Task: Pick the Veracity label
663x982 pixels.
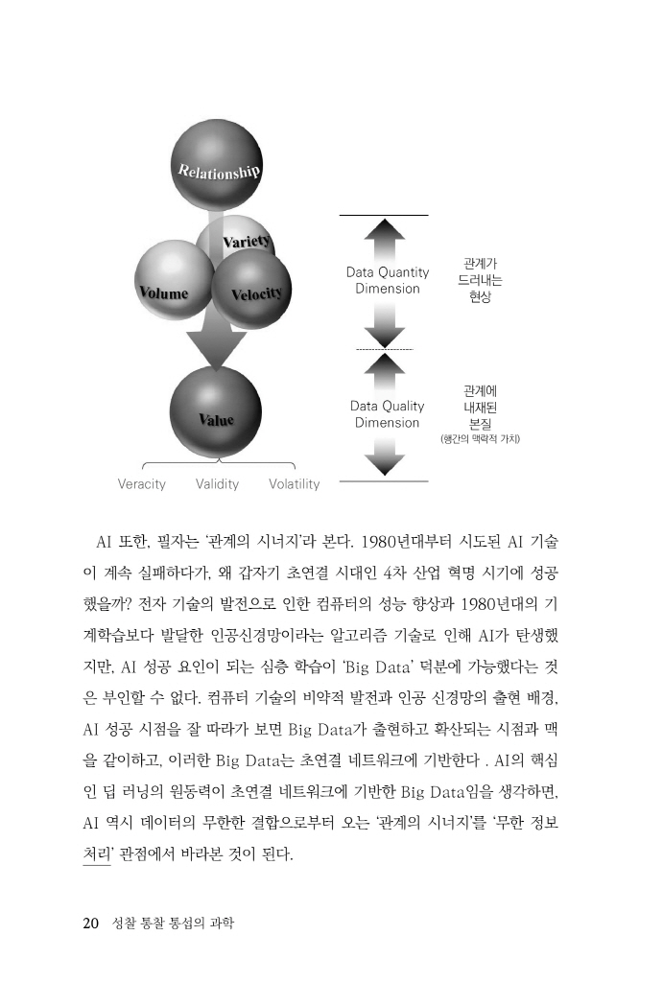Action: point(141,484)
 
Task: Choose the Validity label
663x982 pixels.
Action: point(217,484)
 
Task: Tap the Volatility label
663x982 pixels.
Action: point(294,484)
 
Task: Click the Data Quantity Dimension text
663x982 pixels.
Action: point(387,280)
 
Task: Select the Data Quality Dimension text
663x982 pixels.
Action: point(387,414)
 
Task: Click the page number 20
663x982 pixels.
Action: point(91,924)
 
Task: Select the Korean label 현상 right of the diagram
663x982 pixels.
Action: point(480,297)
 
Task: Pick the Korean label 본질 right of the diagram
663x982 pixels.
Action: point(480,423)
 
